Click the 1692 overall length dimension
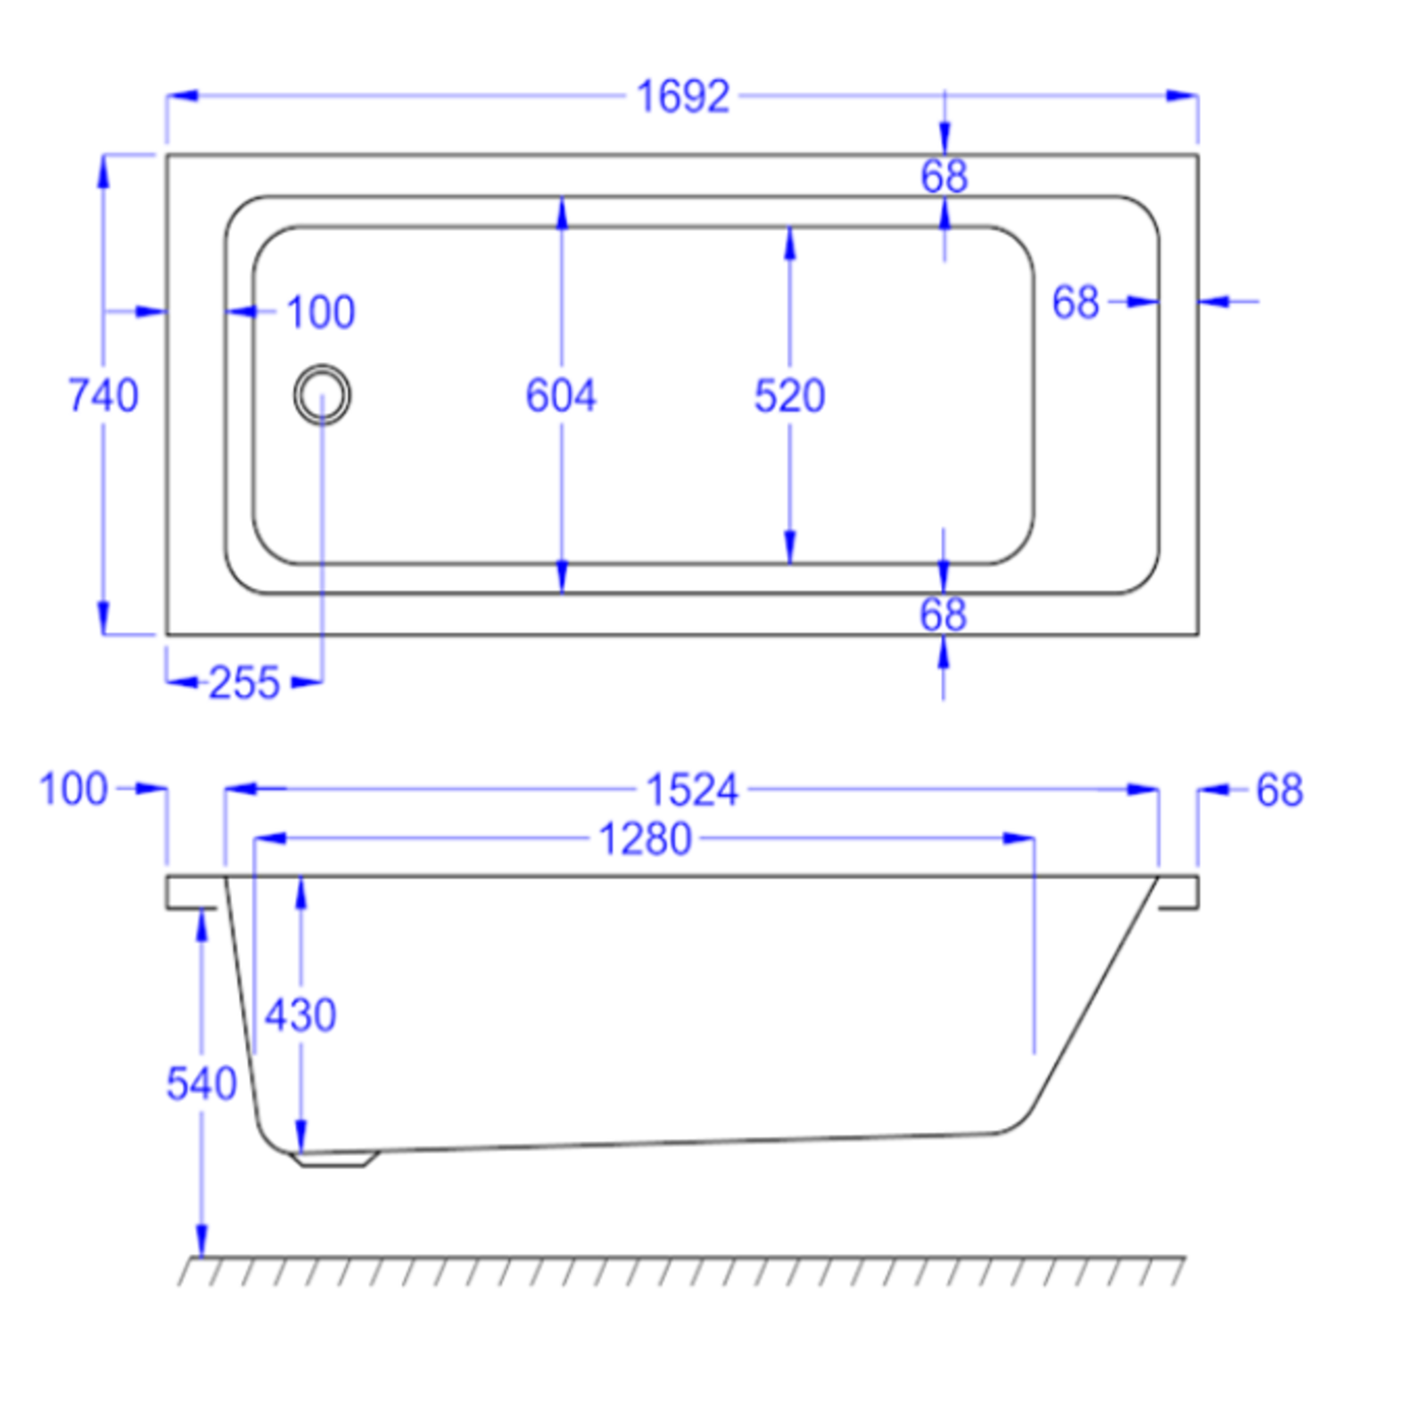coord(682,96)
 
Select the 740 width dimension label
coord(103,395)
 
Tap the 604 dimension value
coord(560,396)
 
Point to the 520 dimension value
coord(789,396)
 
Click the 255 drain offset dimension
coord(244,683)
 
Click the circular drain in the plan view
coord(322,394)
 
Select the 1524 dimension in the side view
coord(691,790)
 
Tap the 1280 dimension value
coord(645,839)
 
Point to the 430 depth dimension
coord(301,1015)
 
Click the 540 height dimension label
coord(202,1083)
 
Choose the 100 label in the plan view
coord(320,312)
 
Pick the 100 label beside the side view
coord(73,789)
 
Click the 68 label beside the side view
coord(1279,790)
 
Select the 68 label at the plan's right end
coord(1075,302)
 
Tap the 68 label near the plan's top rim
coord(944,176)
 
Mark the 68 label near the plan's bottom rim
coord(943,615)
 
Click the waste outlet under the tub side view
coord(334,1159)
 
